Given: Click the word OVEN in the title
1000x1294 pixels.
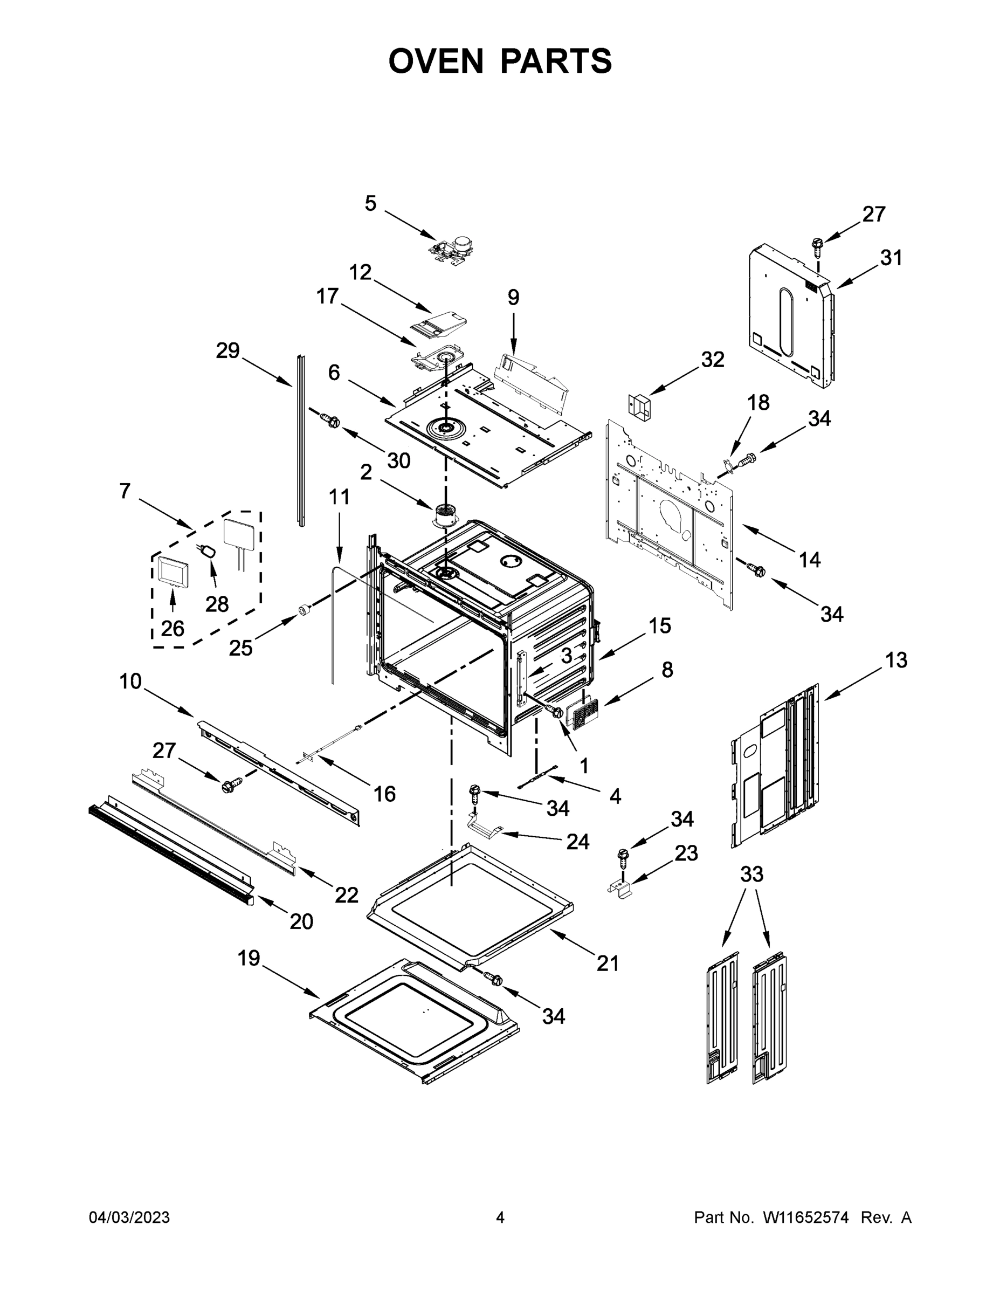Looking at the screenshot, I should [436, 61].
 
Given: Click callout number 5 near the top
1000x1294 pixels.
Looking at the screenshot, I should [370, 203].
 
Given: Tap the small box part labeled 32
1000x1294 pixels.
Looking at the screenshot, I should [639, 407].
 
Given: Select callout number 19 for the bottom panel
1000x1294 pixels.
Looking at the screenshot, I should [249, 958].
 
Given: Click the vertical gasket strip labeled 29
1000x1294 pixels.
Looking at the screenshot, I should [301, 439].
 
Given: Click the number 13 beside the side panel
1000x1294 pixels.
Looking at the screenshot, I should [896, 659].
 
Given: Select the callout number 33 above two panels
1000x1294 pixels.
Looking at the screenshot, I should [752, 874].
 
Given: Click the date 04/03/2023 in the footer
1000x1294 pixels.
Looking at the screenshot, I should [129, 1217].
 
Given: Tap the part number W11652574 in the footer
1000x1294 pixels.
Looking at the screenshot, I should [806, 1217].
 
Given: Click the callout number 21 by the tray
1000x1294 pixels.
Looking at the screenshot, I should [607, 964].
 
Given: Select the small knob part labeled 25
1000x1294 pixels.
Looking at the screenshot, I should [304, 609].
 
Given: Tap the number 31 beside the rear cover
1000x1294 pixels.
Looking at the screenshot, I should [891, 258].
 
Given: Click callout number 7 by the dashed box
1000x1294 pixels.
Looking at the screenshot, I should [125, 491].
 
